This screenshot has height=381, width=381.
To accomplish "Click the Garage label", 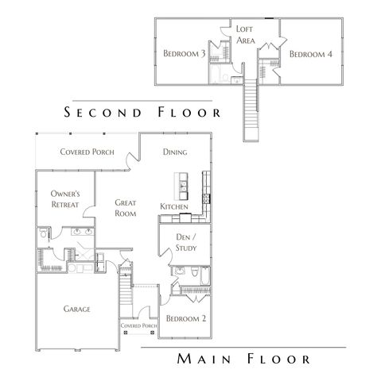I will pos(77,309).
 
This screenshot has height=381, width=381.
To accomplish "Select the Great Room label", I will pos(125,208).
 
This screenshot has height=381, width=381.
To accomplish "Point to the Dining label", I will pos(175,152).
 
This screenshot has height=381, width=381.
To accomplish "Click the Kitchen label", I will pos(174,207).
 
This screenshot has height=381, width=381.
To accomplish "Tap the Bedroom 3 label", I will pos(185,53).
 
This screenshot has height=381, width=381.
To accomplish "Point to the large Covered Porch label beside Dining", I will pos(87,152).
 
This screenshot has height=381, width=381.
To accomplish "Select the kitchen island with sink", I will pos(181,187).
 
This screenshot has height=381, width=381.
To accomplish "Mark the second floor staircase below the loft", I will pos(253,103).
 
